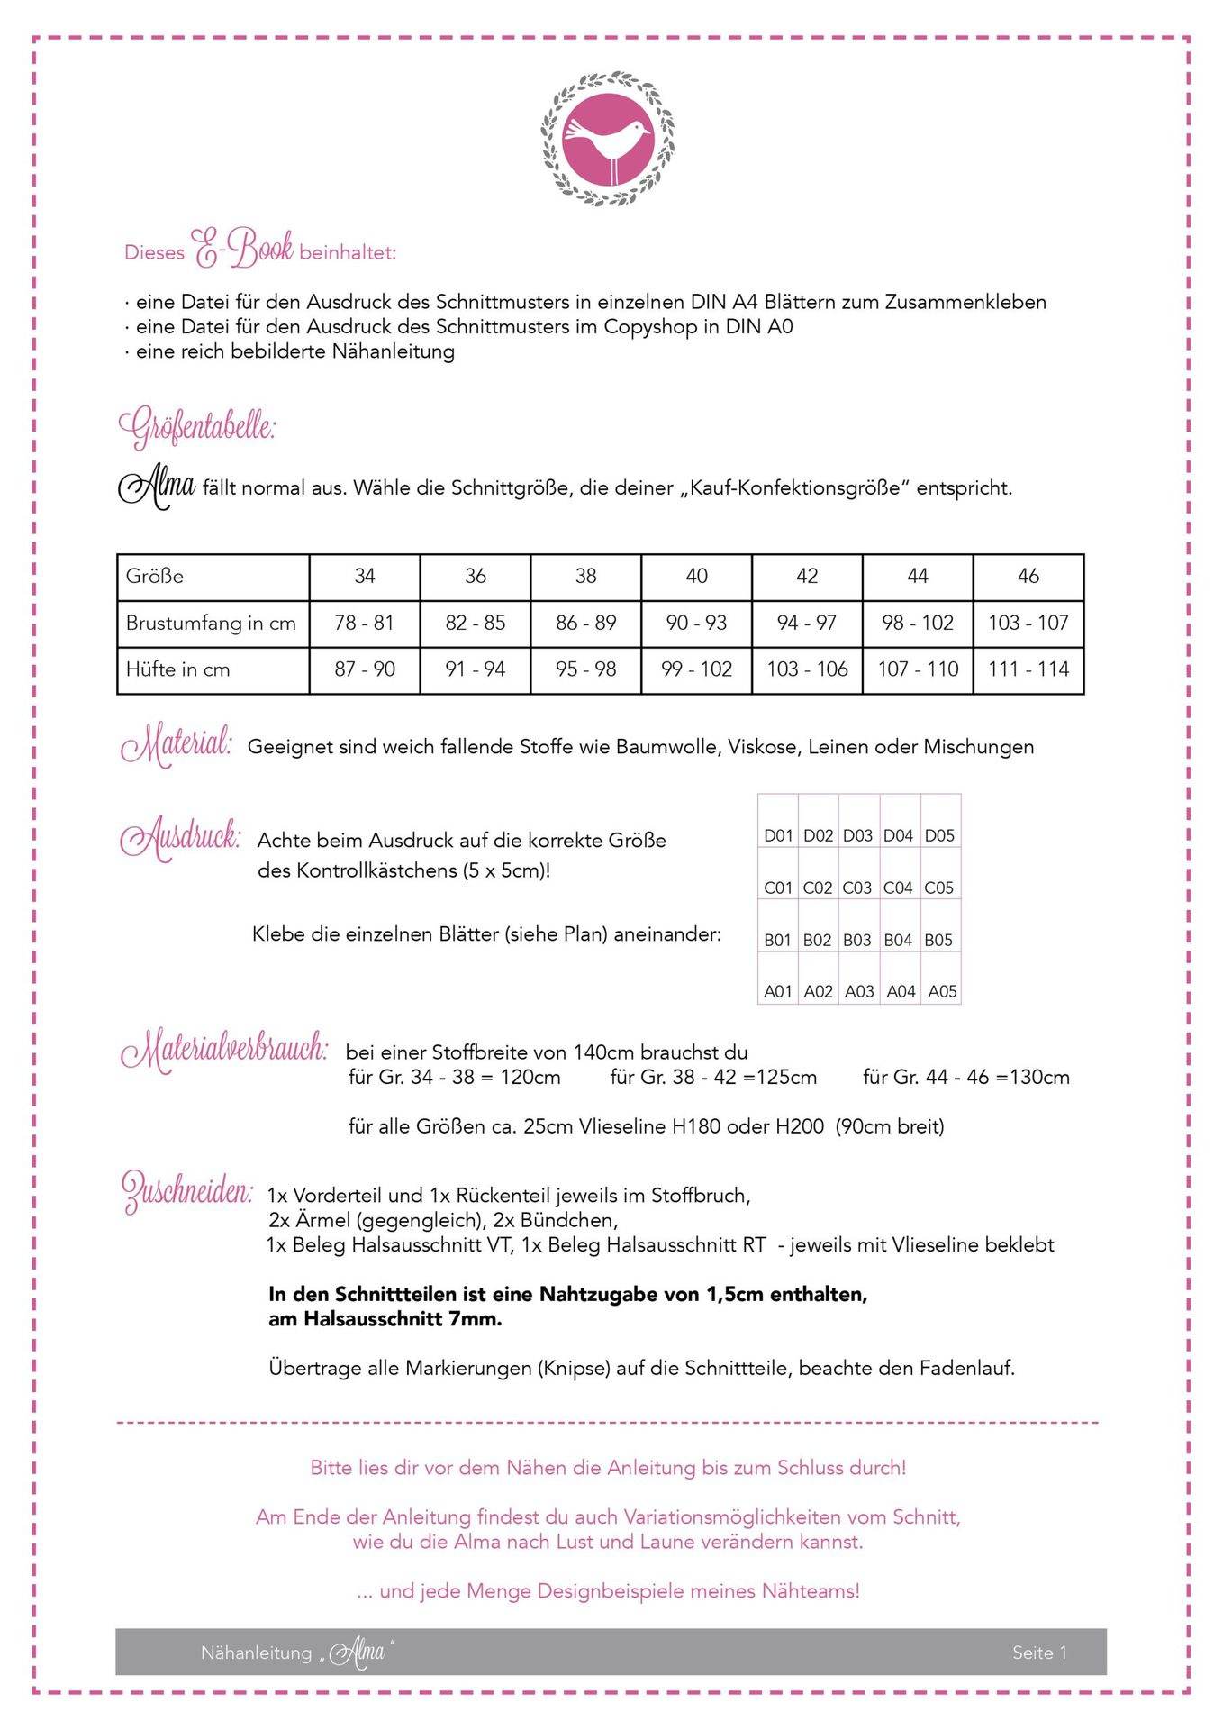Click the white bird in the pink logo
pos(606,141)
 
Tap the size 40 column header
pos(696,576)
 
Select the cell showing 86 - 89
pos(585,623)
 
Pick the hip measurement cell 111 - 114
pos(1028,669)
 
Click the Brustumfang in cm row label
pos(211,623)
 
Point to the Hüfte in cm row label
pos(177,669)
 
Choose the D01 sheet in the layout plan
pos(778,835)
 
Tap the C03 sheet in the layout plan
pos(856,888)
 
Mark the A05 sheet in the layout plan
pos(942,991)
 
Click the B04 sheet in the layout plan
pos(898,940)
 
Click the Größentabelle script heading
pos(197,427)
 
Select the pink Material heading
pos(177,746)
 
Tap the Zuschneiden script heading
pos(187,1191)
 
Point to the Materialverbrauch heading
pos(224,1051)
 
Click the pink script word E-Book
pos(242,249)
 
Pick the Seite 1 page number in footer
pos(1039,1652)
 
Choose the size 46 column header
pos(1028,576)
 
